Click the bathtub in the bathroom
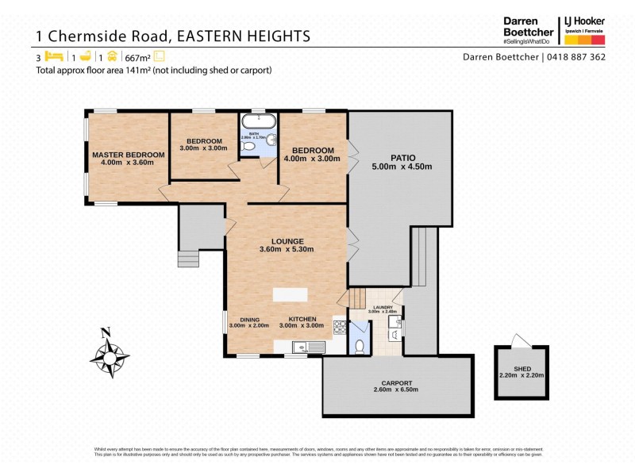[x=260, y=121]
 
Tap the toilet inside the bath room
[x=248, y=147]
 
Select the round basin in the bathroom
[x=271, y=140]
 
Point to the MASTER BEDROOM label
[x=128, y=155]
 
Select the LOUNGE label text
[x=287, y=241]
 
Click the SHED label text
[x=521, y=368]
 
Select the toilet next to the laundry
[x=359, y=346]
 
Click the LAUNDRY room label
[x=383, y=306]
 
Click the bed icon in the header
[x=54, y=56]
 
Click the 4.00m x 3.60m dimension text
[x=128, y=163]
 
